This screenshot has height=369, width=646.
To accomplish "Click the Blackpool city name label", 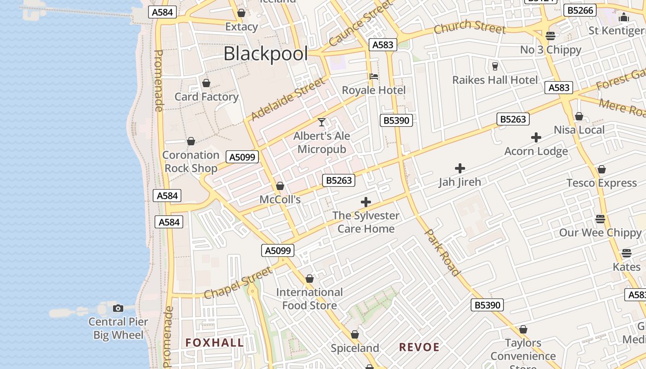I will pos(265,54).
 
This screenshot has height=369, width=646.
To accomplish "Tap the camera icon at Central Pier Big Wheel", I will pos(118,308).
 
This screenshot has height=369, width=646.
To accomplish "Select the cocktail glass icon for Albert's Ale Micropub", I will pos(322,122).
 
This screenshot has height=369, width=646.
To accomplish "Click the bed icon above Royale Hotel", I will pos(374,76).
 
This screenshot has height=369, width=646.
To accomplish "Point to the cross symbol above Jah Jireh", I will pos(460,168).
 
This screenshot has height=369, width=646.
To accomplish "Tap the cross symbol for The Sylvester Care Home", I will pos(365,202).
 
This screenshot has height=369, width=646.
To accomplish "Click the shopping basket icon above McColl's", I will pos(280,186).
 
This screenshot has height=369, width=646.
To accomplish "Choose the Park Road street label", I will pos(442,252).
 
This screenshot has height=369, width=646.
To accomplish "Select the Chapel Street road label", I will pos(238,283).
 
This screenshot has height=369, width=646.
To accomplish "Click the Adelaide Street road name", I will pos(287,99).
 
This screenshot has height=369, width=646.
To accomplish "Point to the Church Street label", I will pos(470,27).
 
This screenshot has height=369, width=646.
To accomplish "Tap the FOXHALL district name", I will pos(215,342).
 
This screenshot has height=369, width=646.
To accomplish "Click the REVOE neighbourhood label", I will pos(419,347).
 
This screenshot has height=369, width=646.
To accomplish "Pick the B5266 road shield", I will pos(580,10).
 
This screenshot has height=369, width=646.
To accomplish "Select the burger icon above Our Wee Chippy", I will pos(600,219).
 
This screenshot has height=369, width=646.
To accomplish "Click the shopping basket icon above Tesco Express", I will pos(601,170).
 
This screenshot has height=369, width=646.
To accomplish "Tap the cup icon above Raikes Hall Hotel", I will pos(495,66).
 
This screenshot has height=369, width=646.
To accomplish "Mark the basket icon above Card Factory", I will pos(206,83).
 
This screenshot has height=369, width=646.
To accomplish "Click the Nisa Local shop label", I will pos(579,130).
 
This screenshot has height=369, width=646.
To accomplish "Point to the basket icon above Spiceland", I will pos(355,334).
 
